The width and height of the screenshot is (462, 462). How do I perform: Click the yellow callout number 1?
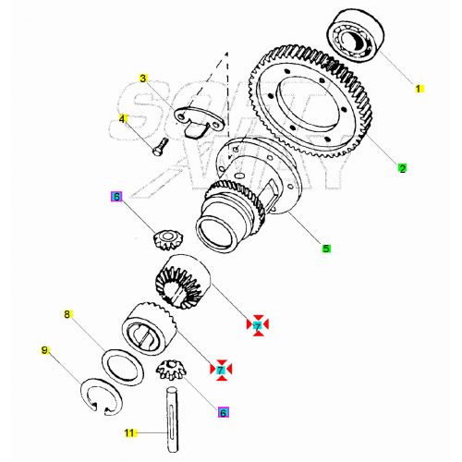pyautogui.click(x=418, y=89)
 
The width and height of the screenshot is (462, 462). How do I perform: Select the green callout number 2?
pyautogui.click(x=402, y=168)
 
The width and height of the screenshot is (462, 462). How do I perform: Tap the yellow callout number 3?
pyautogui.click(x=144, y=79)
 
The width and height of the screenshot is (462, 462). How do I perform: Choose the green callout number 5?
pyautogui.click(x=325, y=248)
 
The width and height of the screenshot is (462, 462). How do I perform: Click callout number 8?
pyautogui.click(x=67, y=315)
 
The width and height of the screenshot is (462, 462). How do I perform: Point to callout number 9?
pyautogui.click(x=44, y=350)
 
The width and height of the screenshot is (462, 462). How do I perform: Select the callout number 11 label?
pyautogui.click(x=129, y=432)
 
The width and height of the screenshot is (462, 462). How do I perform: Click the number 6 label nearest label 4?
pyautogui.click(x=115, y=196)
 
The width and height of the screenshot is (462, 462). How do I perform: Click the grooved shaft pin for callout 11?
pyautogui.click(x=172, y=415)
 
